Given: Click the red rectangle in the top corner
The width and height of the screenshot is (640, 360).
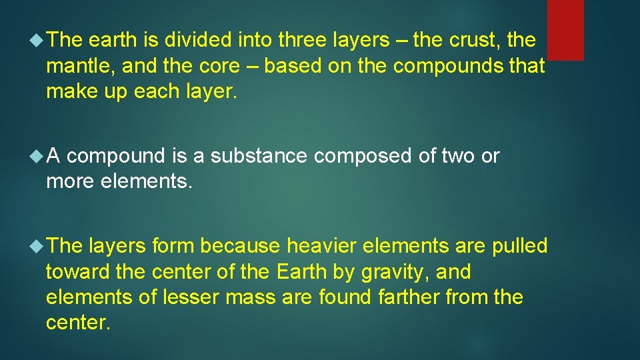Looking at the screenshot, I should click(x=565, y=29).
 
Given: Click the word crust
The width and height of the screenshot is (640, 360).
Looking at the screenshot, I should click(x=475, y=41).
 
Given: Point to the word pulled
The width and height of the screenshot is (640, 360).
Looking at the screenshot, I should click(x=519, y=246).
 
